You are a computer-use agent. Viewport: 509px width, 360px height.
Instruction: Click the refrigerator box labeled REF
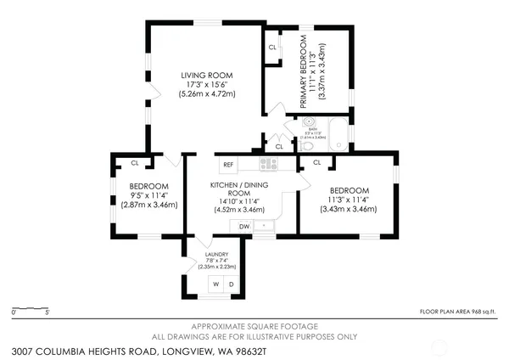(x=228, y=165)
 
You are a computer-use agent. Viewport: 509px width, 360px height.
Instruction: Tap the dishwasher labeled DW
(x=244, y=226)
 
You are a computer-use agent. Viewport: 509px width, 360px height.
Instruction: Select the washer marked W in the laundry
(x=215, y=284)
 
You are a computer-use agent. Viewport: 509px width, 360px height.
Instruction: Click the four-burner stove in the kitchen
(x=269, y=164)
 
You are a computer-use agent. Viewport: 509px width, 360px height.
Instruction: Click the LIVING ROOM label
(x=207, y=76)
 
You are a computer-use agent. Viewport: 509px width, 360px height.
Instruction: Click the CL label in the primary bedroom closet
(x=272, y=47)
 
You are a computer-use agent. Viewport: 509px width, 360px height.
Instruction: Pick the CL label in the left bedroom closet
(x=134, y=162)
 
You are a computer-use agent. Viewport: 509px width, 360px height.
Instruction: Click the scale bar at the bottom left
(x=31, y=307)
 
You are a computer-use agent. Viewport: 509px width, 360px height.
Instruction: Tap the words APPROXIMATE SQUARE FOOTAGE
(x=255, y=327)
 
